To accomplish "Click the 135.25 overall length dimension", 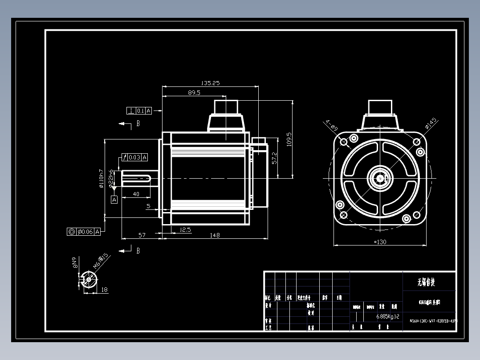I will (211, 83).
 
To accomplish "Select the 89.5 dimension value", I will (194, 93).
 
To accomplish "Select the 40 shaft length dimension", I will (136, 194).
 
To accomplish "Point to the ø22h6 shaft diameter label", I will (110, 179).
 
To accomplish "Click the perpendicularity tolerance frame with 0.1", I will (139, 110).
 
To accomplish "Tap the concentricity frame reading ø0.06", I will (83, 231).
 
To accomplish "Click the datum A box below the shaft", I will (114, 200).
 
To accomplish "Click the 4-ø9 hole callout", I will (331, 125).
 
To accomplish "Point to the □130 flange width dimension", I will (380, 242).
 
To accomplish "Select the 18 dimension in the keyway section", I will (104, 290).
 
